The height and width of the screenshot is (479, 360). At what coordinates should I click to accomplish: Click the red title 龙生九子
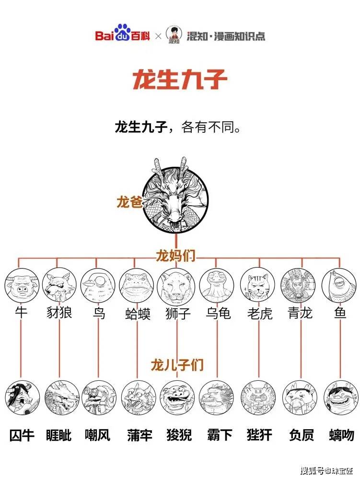point(179,80)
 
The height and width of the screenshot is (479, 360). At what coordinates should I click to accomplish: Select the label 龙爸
point(129,202)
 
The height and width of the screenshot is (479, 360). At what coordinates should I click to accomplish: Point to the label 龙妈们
point(175,256)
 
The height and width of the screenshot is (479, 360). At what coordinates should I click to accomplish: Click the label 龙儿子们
point(177,365)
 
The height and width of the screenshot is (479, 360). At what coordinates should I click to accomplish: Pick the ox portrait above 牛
point(22,285)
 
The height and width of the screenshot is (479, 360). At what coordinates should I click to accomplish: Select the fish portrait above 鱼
point(339,285)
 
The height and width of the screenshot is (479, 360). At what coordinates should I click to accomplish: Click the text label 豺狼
point(59,314)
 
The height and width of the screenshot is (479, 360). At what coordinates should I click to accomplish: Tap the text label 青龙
point(301,314)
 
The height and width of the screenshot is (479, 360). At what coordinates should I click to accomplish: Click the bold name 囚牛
point(22,435)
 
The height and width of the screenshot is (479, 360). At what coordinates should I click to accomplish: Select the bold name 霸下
point(218,435)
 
